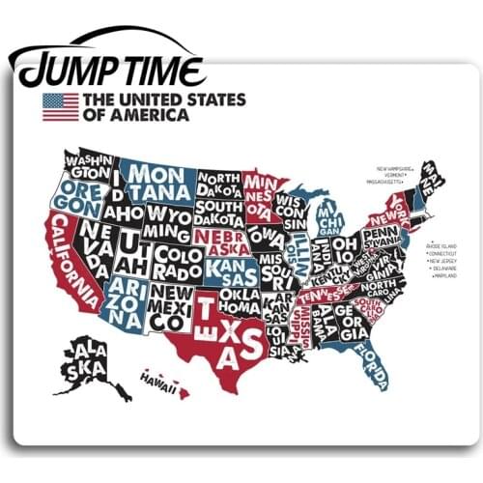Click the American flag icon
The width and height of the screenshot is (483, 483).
tap(61, 106)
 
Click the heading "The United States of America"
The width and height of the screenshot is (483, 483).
tap(164, 106)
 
